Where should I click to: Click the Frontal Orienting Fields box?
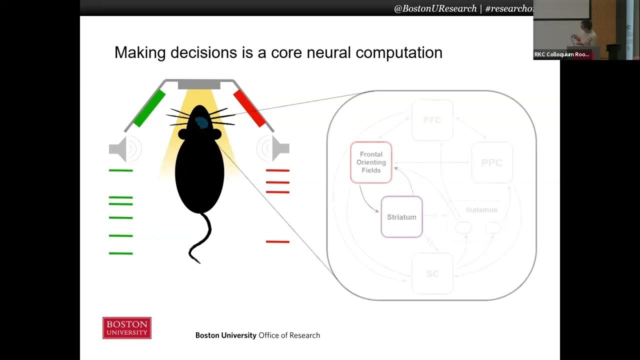371,162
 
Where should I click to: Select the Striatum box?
401,217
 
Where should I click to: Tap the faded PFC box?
432,120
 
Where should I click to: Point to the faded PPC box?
491,162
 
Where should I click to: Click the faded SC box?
432,274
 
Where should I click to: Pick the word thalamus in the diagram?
481,210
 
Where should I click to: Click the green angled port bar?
148,108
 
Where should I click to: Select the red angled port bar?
249,108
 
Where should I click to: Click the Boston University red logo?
127,328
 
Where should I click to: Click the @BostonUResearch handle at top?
435,8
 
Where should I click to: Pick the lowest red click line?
277,242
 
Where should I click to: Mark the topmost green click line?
121,170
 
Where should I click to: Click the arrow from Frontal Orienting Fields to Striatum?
367,201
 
